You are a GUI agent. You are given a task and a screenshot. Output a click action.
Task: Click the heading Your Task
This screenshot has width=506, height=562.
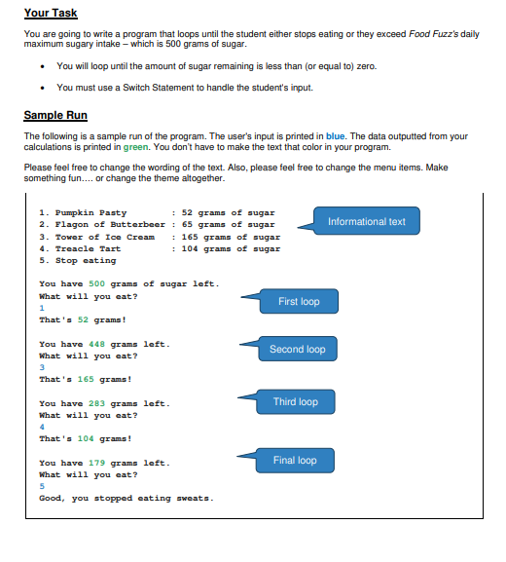coord(51,13)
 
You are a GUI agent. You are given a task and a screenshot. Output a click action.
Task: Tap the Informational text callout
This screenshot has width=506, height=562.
coord(367,221)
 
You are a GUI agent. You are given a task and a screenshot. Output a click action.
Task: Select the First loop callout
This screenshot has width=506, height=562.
coord(298,302)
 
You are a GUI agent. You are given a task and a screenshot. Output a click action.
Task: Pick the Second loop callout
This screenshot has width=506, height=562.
coord(297,349)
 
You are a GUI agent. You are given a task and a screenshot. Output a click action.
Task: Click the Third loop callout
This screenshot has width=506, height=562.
coord(296,402)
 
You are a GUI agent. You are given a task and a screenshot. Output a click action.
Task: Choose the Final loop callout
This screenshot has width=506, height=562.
coord(295,461)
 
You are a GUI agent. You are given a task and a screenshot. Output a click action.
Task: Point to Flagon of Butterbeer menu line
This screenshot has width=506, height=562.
coord(107,224)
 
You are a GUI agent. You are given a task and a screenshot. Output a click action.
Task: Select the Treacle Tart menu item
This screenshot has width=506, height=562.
coord(85,248)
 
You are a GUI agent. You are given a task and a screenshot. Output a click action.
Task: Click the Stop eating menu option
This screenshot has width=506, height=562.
coord(78,260)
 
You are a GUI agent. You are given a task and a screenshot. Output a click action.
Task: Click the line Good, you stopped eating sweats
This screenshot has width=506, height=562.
coord(126,498)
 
